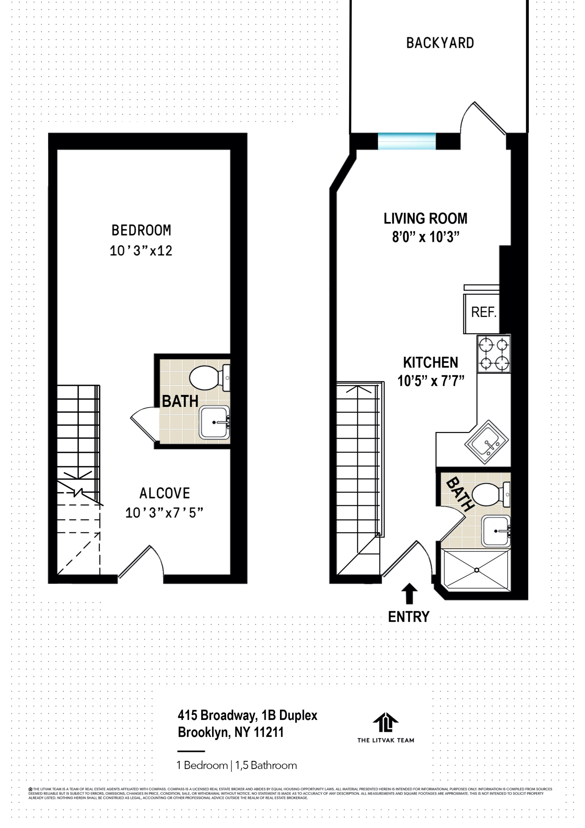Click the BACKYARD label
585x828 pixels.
(440, 43)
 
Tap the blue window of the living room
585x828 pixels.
(407, 141)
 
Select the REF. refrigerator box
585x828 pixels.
(483, 313)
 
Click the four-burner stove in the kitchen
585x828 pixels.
(494, 353)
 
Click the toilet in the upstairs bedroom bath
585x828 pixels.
(205, 378)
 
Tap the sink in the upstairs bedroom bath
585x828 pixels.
(214, 422)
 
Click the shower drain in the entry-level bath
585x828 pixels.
(477, 570)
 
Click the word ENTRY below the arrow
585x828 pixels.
(408, 617)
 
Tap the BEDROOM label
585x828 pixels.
(141, 230)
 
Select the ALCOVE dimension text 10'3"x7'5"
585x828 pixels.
(164, 513)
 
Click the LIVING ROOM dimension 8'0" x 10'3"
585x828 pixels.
(426, 237)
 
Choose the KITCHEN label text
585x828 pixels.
(430, 363)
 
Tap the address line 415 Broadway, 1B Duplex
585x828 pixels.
(247, 715)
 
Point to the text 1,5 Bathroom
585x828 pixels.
(266, 765)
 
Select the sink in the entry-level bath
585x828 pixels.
(495, 531)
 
